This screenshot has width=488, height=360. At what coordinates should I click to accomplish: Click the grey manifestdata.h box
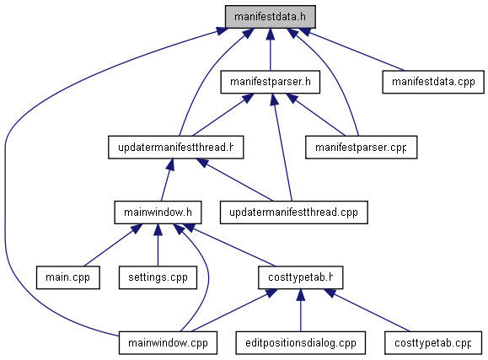point(271,17)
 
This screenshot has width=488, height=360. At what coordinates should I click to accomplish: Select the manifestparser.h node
point(271,82)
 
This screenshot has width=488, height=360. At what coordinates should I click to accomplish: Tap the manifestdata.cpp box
point(433,82)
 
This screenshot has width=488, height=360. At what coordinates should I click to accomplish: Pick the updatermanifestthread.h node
point(176,148)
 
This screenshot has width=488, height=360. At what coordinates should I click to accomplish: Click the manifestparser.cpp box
point(361,148)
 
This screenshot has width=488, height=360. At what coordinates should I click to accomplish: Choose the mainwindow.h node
point(158,212)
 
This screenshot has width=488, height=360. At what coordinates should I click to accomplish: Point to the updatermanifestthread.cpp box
point(294,212)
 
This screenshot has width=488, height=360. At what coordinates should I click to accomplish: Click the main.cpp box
point(67,277)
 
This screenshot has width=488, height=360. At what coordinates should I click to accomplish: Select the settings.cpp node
point(158,277)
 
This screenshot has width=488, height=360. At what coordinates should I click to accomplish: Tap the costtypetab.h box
point(300,277)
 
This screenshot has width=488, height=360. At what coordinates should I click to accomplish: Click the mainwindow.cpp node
point(168,343)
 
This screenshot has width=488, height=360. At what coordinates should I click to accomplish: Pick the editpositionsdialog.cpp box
point(300,343)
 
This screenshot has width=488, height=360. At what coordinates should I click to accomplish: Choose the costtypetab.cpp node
point(433,343)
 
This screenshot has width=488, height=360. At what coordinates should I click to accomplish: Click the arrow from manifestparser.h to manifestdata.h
point(271,50)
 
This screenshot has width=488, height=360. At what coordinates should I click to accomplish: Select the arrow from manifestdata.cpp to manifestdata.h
point(351,50)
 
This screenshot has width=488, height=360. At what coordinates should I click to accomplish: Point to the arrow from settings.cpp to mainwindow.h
point(158,245)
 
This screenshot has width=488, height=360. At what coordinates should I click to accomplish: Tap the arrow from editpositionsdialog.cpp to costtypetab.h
point(300,310)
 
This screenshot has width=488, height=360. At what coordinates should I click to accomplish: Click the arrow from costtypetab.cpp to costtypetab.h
point(367,310)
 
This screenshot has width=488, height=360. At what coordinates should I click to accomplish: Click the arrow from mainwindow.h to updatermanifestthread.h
point(167,180)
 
